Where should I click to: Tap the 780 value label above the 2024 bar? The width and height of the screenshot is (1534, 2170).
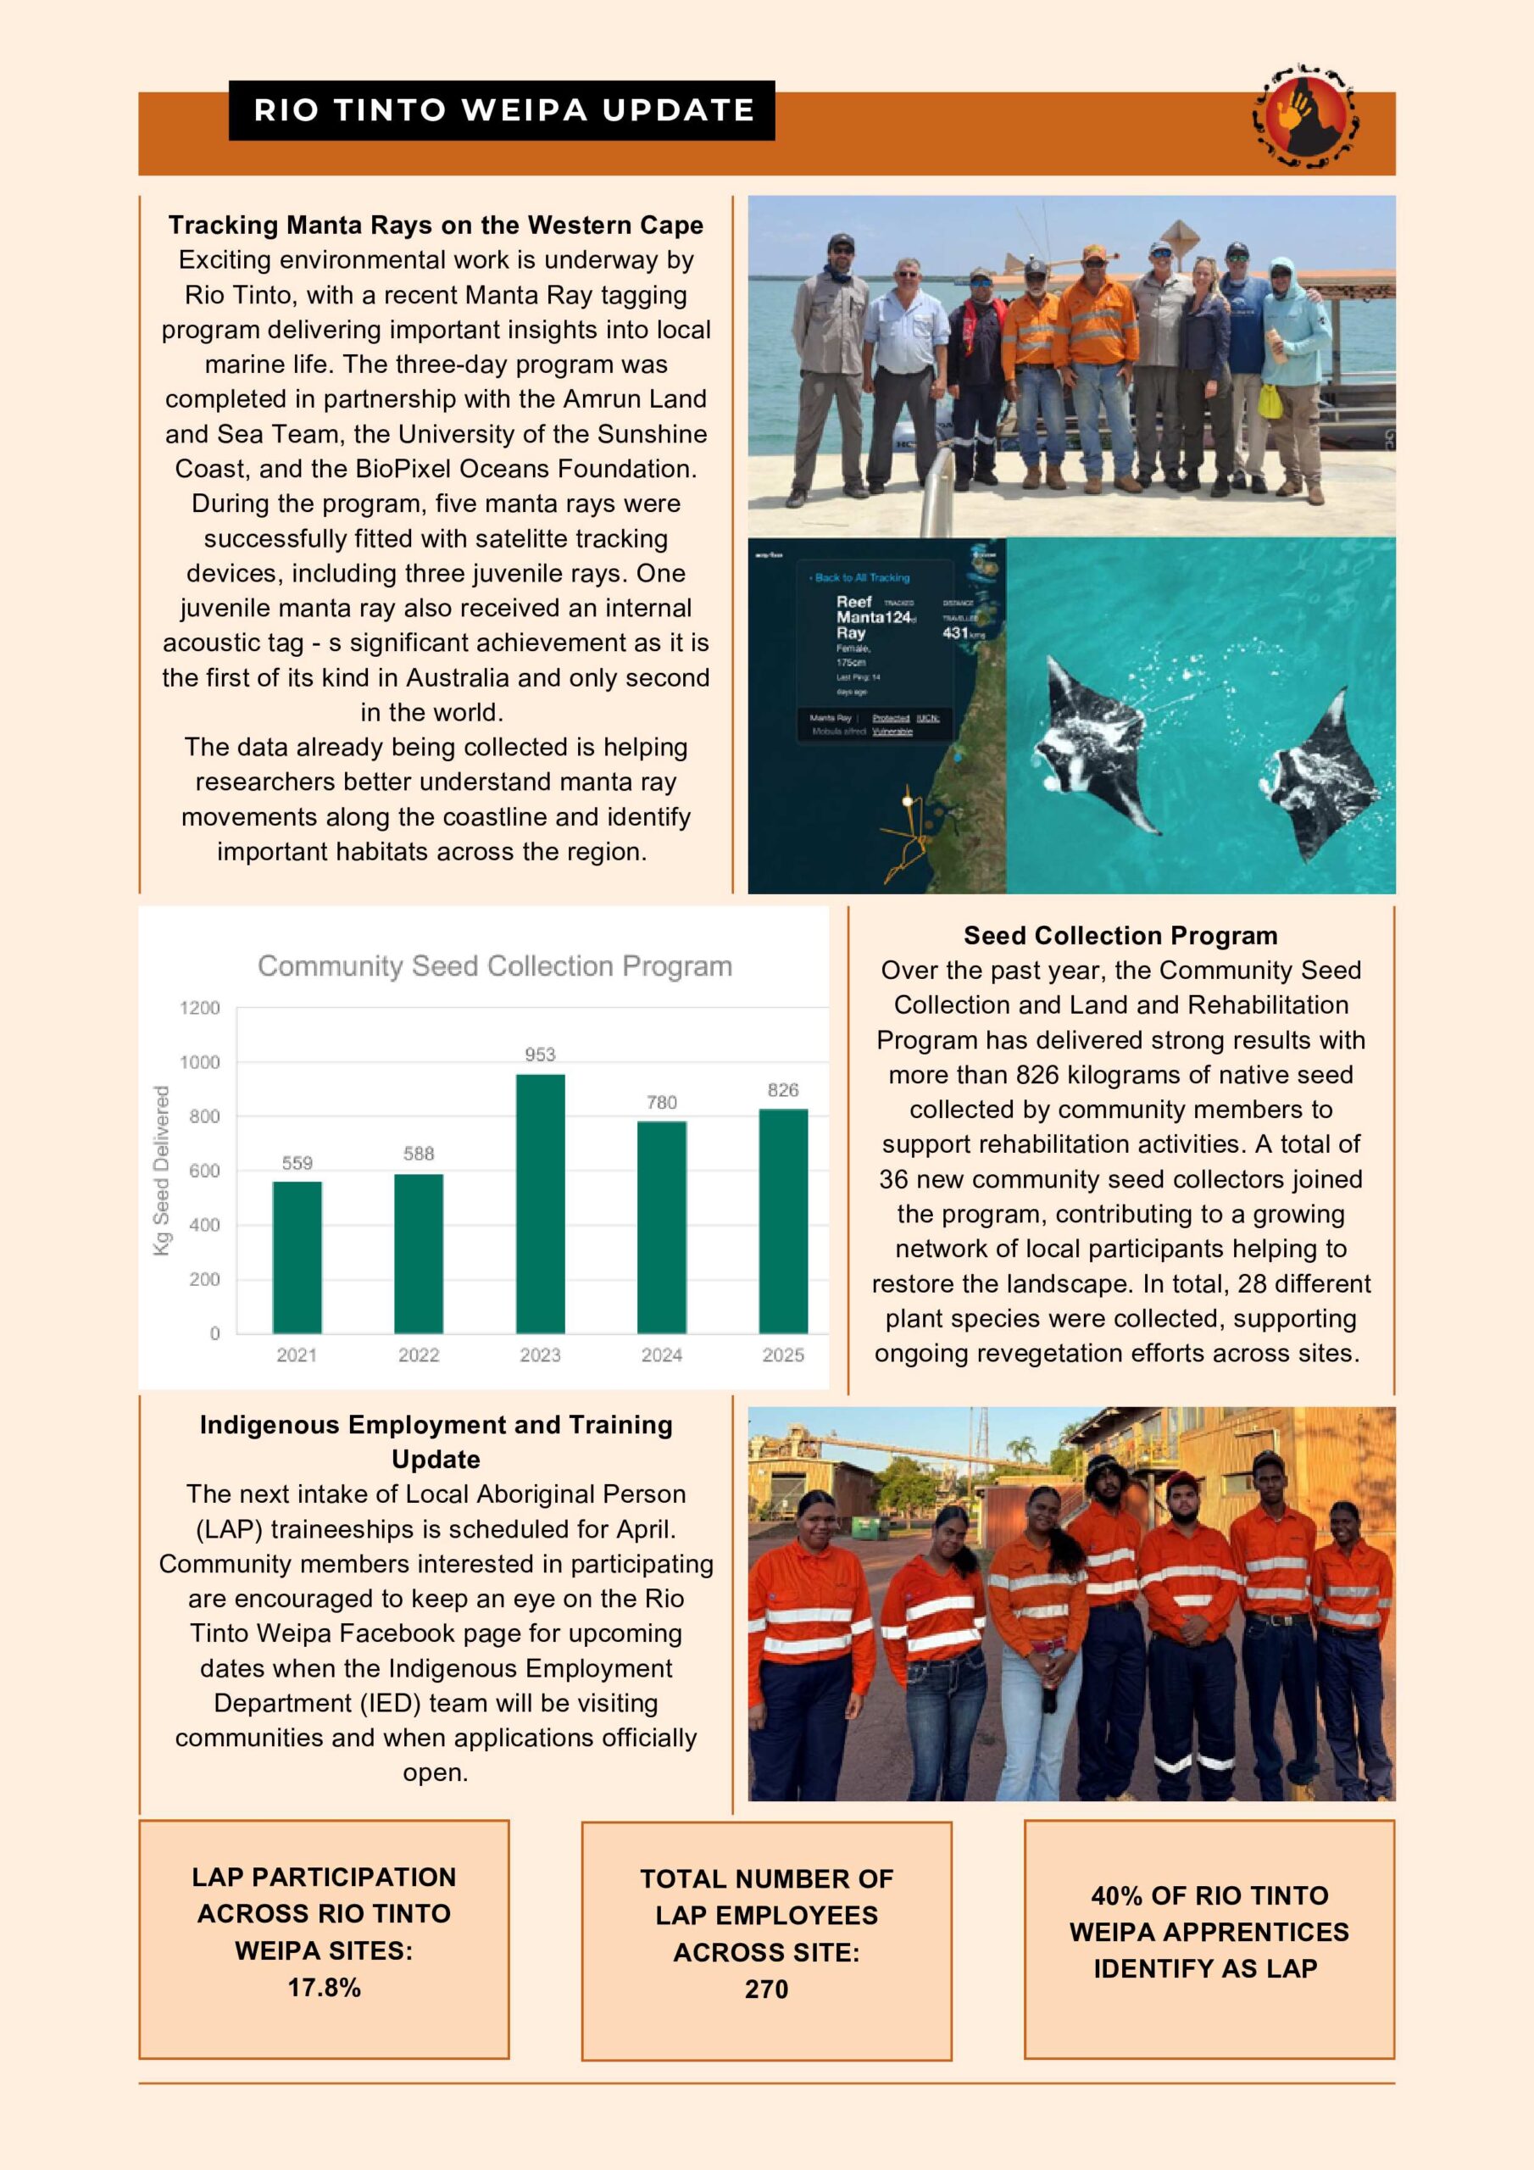pos(662,1102)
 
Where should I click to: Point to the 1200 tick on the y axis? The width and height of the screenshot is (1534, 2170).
pos(199,1008)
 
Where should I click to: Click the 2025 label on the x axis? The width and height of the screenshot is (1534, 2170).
pos(782,1355)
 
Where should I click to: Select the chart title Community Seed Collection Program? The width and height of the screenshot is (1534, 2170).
pos(494,966)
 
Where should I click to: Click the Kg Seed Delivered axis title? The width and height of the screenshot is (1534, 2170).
pos(162,1170)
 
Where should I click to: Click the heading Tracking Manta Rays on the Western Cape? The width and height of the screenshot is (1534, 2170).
pos(436,225)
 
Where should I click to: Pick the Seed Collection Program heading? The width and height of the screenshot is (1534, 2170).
pos(1120,936)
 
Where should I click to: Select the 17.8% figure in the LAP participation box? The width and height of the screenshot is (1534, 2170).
pos(325,1988)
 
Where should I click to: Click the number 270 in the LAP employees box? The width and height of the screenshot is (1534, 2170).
pos(766,1989)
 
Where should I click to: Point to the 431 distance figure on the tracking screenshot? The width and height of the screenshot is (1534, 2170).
pos(954,633)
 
